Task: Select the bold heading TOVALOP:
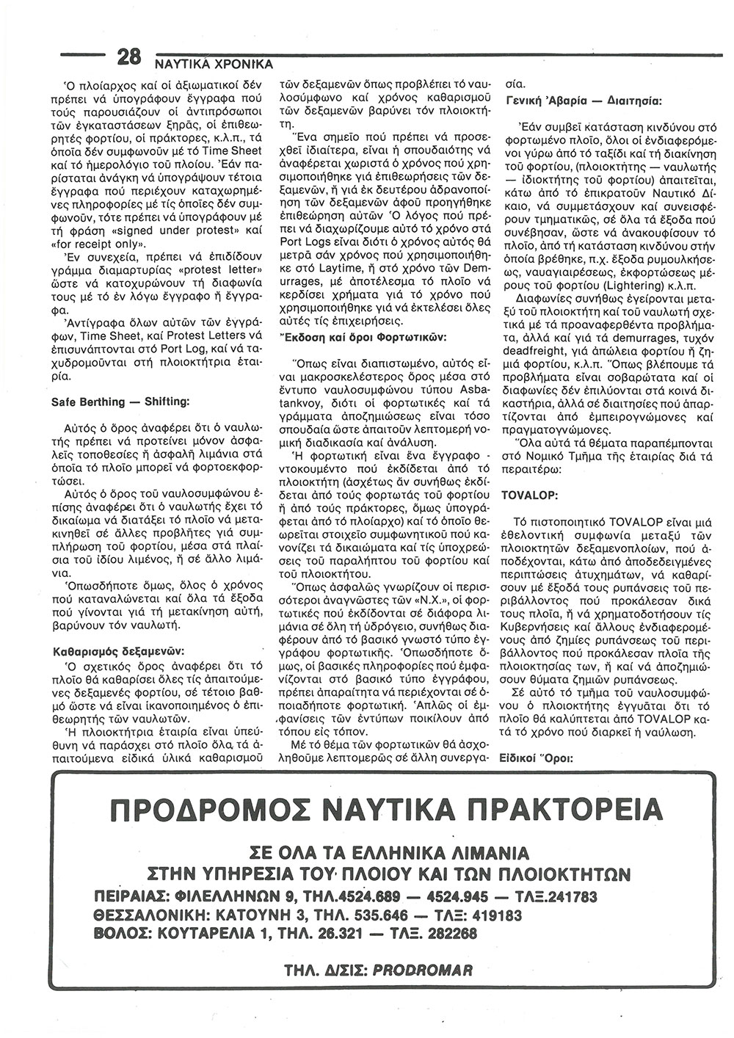[x=528, y=496]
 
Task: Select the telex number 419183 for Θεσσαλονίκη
[x=493, y=915]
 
